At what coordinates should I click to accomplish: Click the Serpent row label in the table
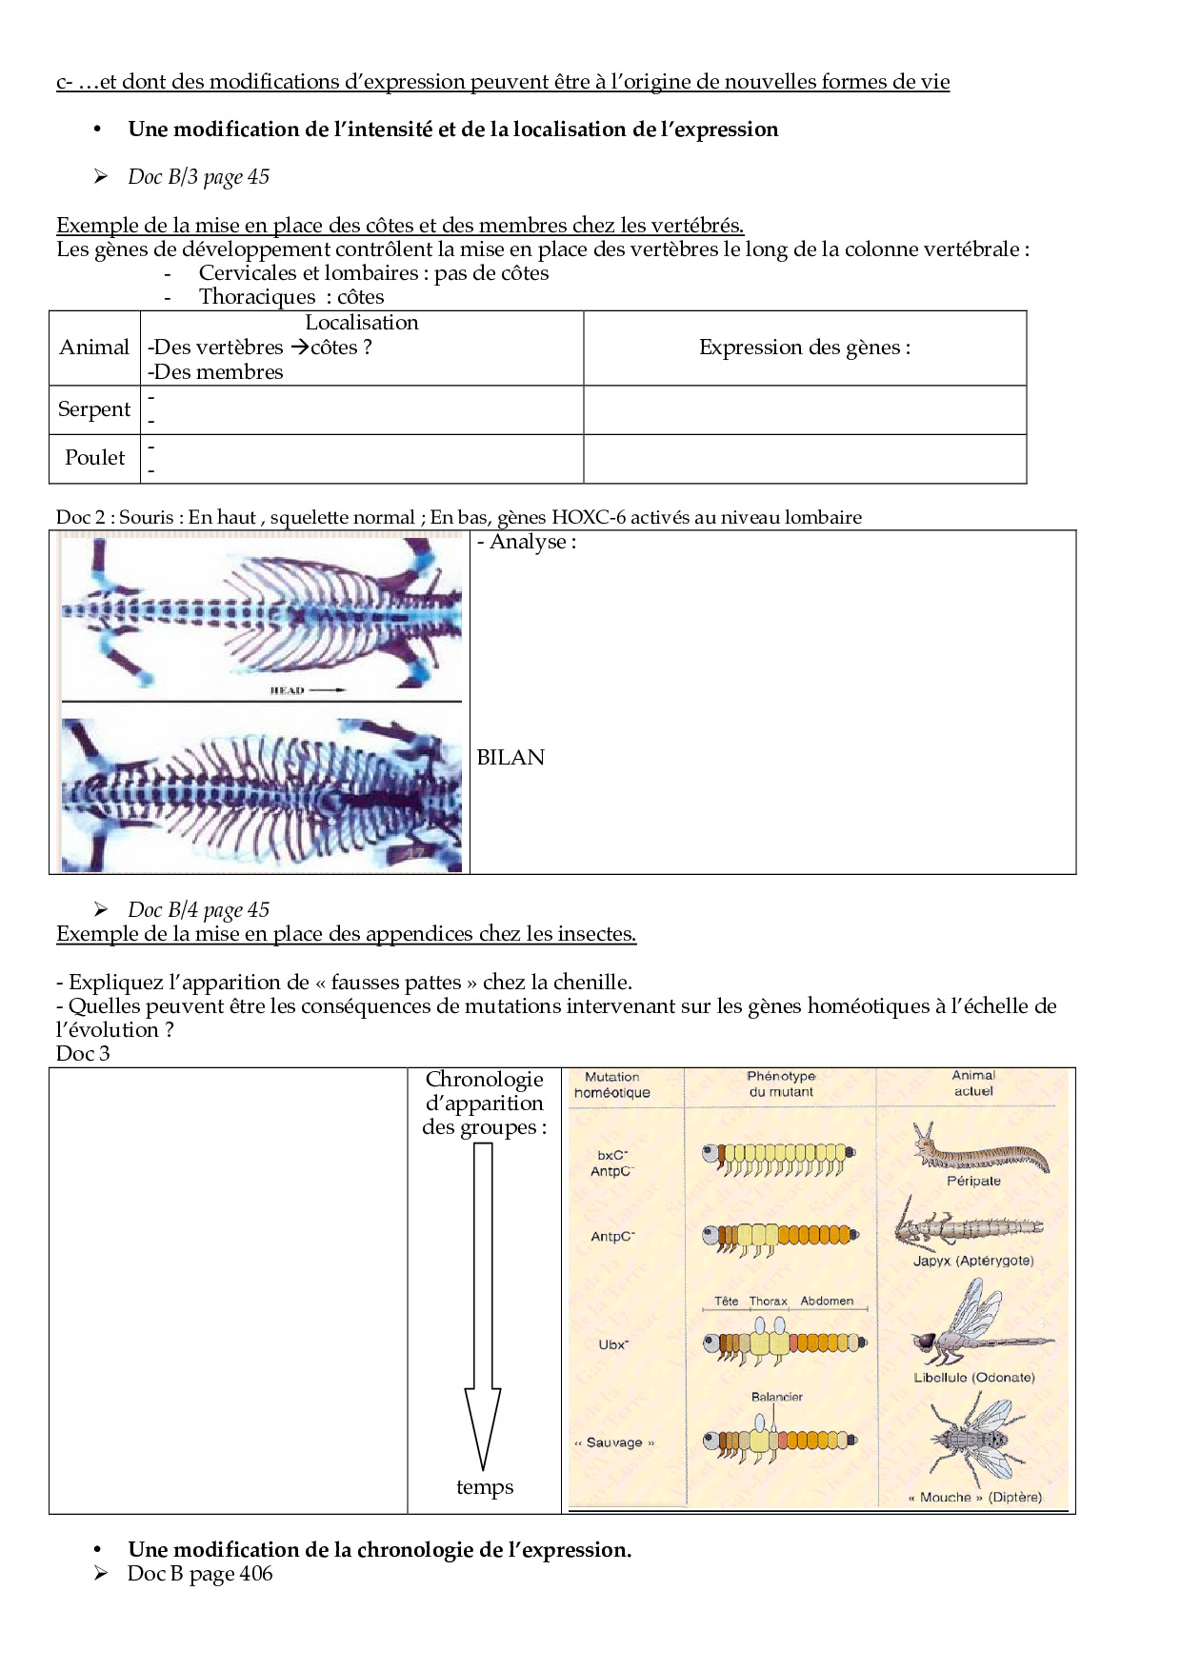[x=94, y=409]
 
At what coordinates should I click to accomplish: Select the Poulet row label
[x=94, y=458]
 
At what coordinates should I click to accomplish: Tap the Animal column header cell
[x=94, y=348]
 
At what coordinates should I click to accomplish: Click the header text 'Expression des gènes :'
[x=805, y=348]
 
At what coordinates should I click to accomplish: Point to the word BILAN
[x=510, y=758]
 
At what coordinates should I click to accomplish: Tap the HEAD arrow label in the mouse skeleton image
[x=307, y=690]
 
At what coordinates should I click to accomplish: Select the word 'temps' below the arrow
[x=485, y=1487]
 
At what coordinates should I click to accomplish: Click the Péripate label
[x=973, y=1181]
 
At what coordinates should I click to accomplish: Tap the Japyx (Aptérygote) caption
[x=973, y=1261]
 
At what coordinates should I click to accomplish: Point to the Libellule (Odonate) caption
[x=973, y=1377]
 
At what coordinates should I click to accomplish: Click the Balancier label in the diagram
[x=777, y=1397]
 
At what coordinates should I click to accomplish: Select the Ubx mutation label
[x=613, y=1344]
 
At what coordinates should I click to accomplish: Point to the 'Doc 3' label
[x=83, y=1054]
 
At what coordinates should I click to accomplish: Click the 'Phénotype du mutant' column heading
[x=781, y=1084]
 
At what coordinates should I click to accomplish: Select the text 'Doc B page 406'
[x=200, y=1574]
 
